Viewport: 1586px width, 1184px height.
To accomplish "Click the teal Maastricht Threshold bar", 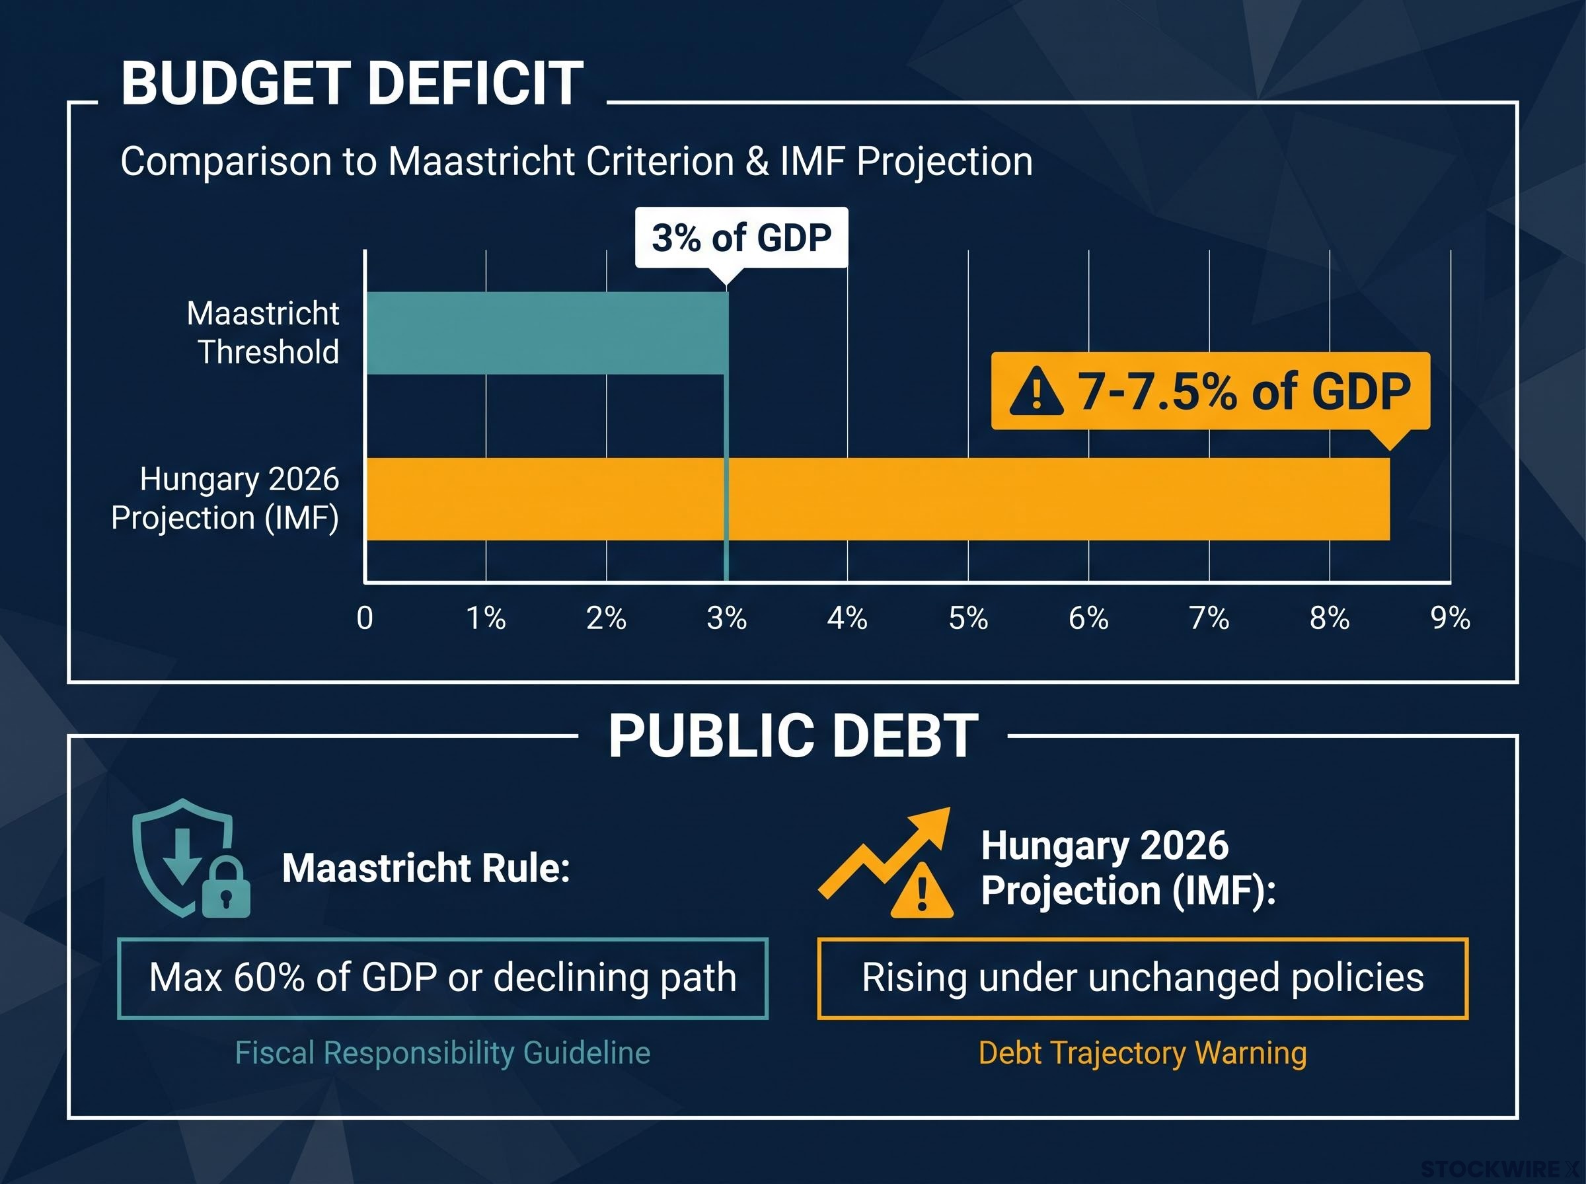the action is (x=547, y=332).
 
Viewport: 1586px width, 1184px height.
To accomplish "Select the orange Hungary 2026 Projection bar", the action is (x=878, y=499).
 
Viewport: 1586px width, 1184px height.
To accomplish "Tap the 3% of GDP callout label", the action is (x=741, y=238).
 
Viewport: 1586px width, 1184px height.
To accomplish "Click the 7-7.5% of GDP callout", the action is (x=1211, y=391).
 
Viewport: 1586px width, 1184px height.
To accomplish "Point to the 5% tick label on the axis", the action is (x=968, y=618).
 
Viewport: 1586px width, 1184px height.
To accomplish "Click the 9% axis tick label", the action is (x=1451, y=618).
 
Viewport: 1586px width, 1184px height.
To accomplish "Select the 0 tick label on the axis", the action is (x=365, y=618).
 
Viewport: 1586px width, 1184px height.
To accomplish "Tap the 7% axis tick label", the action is (x=1209, y=618).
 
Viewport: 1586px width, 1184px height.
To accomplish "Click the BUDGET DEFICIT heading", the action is (x=352, y=83).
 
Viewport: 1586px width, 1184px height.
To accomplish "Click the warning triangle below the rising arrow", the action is (x=922, y=891).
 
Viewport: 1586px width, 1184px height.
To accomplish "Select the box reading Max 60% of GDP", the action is (x=443, y=979).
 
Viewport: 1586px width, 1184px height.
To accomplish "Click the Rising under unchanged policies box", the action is (x=1143, y=979).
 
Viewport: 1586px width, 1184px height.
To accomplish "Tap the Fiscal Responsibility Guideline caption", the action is (x=443, y=1053).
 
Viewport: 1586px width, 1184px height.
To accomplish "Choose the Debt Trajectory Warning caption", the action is (x=1143, y=1053).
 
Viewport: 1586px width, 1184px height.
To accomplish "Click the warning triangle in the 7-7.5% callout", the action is (x=1036, y=391).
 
